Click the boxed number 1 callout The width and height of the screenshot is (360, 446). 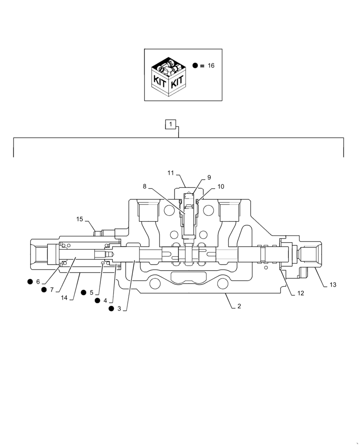(172, 124)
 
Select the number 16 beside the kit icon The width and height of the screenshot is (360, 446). (211, 66)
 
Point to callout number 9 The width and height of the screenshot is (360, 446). (209, 178)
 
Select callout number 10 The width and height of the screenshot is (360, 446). (221, 186)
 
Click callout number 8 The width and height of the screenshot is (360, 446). (144, 186)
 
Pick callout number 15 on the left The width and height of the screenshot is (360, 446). (79, 219)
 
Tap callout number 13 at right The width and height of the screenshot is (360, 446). (333, 285)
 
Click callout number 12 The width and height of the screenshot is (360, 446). (301, 293)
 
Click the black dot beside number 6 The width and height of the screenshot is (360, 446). (30, 281)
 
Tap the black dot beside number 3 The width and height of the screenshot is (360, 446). (110, 309)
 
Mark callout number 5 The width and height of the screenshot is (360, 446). (91, 293)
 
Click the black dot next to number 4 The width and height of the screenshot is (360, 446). (98, 301)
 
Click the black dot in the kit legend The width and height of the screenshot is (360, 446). (195, 66)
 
